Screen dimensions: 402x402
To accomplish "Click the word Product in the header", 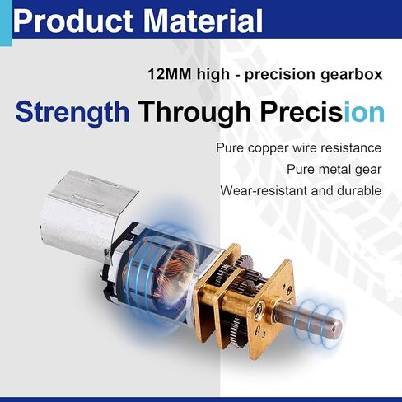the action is click(73, 21).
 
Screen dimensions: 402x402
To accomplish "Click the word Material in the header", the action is click(203, 21).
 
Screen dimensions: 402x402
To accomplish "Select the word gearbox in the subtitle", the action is click(352, 75).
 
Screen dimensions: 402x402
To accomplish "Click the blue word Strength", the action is click(72, 113).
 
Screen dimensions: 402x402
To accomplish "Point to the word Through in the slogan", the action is click(194, 113).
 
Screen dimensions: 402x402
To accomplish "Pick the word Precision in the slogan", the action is click(322, 111).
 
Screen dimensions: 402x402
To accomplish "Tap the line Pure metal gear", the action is click(334, 170).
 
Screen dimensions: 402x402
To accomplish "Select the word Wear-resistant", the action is click(264, 190).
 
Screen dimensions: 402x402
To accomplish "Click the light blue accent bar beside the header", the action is click(6, 23).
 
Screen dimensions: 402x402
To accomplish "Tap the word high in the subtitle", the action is click(213, 75).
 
